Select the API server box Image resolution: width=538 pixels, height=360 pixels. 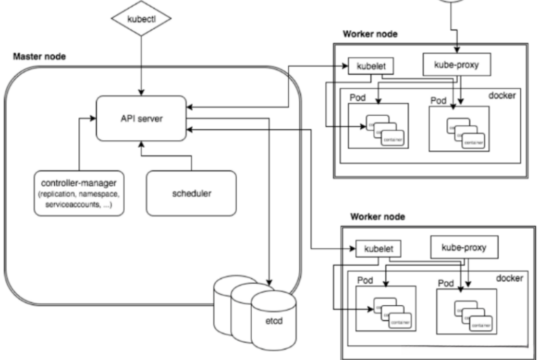141,118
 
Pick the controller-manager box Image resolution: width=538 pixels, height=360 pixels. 79,193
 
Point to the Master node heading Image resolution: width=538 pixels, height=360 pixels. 39,56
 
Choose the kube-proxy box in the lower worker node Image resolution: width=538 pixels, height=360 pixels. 463,247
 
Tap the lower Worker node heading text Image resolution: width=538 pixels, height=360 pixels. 377,215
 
